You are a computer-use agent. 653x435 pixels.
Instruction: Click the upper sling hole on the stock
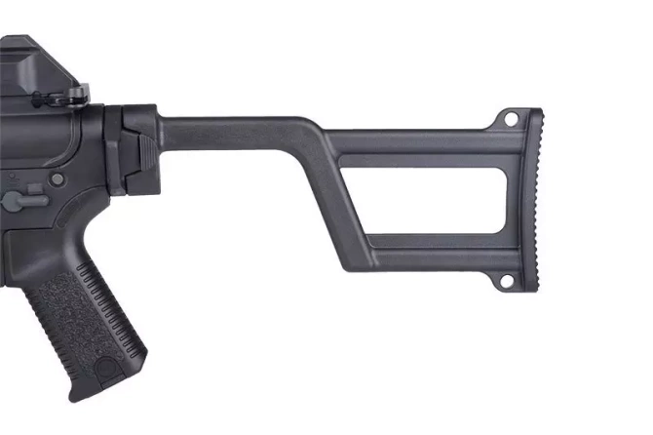509,117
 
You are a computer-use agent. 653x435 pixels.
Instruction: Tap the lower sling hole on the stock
508,281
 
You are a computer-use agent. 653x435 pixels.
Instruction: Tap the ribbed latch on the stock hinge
144,147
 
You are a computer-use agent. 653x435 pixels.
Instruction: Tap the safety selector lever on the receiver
19,200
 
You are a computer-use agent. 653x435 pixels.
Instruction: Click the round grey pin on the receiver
58,179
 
